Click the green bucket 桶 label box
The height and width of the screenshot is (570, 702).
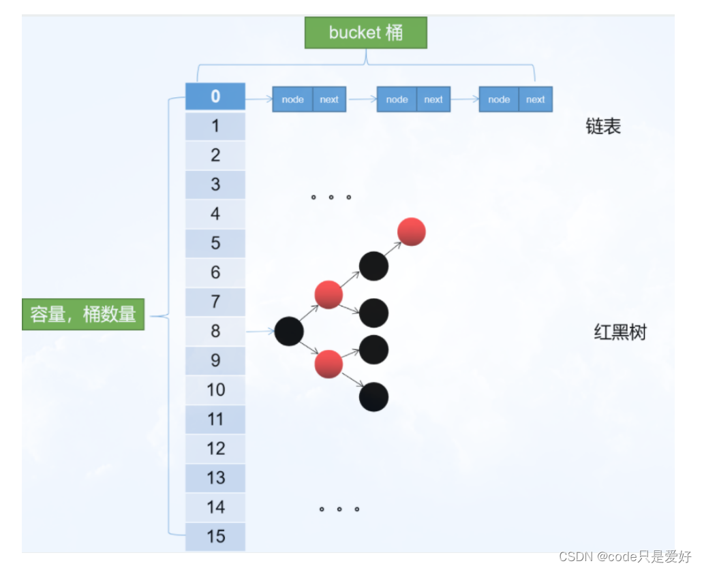(x=365, y=33)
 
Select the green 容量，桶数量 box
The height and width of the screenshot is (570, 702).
(x=83, y=314)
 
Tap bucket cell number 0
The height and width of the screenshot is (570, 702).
(x=215, y=97)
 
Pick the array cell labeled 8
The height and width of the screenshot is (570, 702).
(x=215, y=331)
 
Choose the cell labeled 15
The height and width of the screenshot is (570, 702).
(x=215, y=536)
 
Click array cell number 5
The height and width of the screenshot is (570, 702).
(x=215, y=243)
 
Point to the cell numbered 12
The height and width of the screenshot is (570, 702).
(x=215, y=448)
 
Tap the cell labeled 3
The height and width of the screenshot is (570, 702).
(x=215, y=185)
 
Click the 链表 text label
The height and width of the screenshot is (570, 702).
(x=603, y=126)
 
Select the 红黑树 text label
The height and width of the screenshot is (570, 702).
(x=620, y=332)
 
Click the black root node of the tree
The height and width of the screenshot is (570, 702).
(x=289, y=331)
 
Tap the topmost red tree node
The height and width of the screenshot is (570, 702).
(x=412, y=232)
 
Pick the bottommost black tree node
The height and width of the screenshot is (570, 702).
(x=373, y=397)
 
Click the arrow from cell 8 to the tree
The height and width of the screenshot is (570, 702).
(x=260, y=331)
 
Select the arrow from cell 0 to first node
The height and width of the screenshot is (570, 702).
(x=258, y=99)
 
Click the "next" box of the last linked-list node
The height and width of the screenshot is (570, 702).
(x=535, y=99)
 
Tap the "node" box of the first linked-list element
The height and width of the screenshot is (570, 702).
(x=292, y=99)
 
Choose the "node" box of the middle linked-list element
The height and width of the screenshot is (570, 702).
(x=397, y=99)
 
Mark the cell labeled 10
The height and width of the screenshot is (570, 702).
(x=215, y=390)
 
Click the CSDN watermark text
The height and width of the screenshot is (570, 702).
(x=625, y=556)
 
